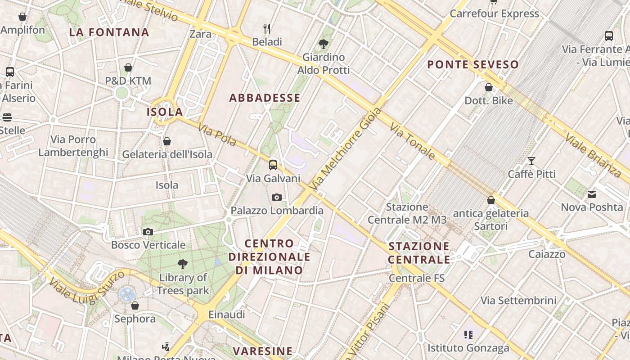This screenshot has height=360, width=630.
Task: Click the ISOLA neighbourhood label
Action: pyautogui.click(x=165, y=112)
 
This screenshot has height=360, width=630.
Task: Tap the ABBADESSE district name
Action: pyautogui.click(x=265, y=98)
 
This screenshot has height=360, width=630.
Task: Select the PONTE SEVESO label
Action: pyautogui.click(x=473, y=64)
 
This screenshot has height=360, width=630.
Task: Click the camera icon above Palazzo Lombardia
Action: pyautogui.click(x=277, y=197)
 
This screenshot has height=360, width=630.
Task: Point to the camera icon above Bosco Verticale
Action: pyautogui.click(x=148, y=232)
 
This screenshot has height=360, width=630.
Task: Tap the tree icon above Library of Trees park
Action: pyautogui.click(x=182, y=264)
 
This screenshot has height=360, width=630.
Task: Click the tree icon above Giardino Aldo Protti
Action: pyautogui.click(x=323, y=44)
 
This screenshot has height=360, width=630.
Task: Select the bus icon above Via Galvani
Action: pyautogui.click(x=273, y=165)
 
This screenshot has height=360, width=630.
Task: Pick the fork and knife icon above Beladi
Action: pyautogui.click(x=267, y=29)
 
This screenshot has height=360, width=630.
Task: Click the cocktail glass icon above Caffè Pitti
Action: pyautogui.click(x=531, y=161)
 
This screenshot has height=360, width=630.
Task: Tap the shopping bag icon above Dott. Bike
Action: pyautogui.click(x=489, y=87)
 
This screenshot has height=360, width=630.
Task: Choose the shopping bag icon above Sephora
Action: pyautogui.click(x=135, y=306)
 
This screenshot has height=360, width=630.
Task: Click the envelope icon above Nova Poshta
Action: pyautogui.click(x=592, y=194)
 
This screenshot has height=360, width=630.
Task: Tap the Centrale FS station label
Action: pyautogui.click(x=416, y=278)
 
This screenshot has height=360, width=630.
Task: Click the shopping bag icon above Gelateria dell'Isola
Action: pyautogui.click(x=167, y=141)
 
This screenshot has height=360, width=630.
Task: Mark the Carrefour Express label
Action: pyautogui.click(x=494, y=13)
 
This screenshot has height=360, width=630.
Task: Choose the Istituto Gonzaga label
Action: pyautogui.click(x=468, y=347)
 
